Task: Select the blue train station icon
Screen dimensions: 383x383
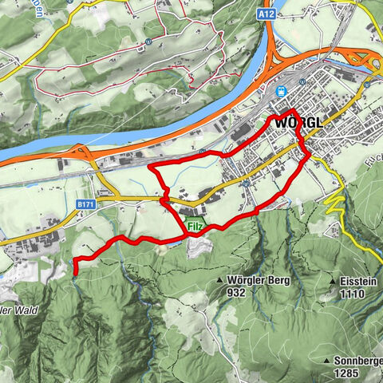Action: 281,90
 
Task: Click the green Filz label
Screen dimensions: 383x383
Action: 195,227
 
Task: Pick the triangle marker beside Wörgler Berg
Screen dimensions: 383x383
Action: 219,282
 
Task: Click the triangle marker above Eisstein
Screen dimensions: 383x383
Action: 330,281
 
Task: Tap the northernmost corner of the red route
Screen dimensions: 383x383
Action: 293,109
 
